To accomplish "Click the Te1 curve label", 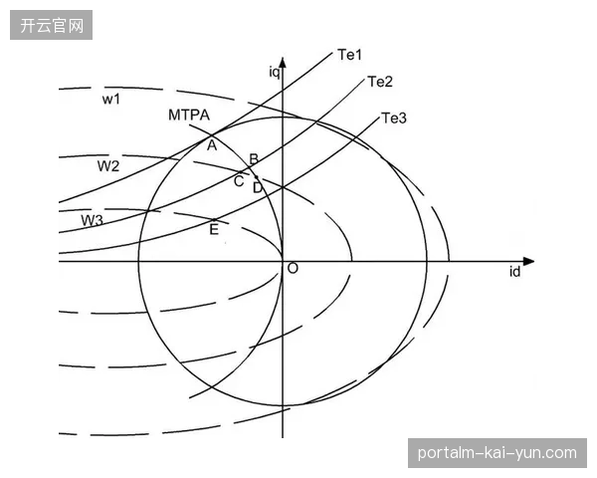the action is [350, 55].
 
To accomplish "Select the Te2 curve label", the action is [380, 82].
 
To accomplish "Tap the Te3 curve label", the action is [394, 119].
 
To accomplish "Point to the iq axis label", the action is [275, 72].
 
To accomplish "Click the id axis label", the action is [514, 272].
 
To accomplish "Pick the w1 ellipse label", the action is [111, 100].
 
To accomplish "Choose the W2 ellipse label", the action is [108, 166].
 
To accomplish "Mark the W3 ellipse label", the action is [92, 220].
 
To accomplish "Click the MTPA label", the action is [189, 115].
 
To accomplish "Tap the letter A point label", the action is [212, 144].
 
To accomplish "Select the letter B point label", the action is [254, 159].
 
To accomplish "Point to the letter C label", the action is [239, 181].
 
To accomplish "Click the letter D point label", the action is [258, 187].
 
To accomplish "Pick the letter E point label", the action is [214, 229].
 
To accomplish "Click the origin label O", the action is [293, 268].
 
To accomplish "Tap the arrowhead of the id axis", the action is [528, 262].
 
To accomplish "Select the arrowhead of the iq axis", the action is [283, 63].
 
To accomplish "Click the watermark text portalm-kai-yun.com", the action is [497, 453].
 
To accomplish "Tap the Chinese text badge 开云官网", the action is [52, 25].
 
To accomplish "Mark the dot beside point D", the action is [257, 177].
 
